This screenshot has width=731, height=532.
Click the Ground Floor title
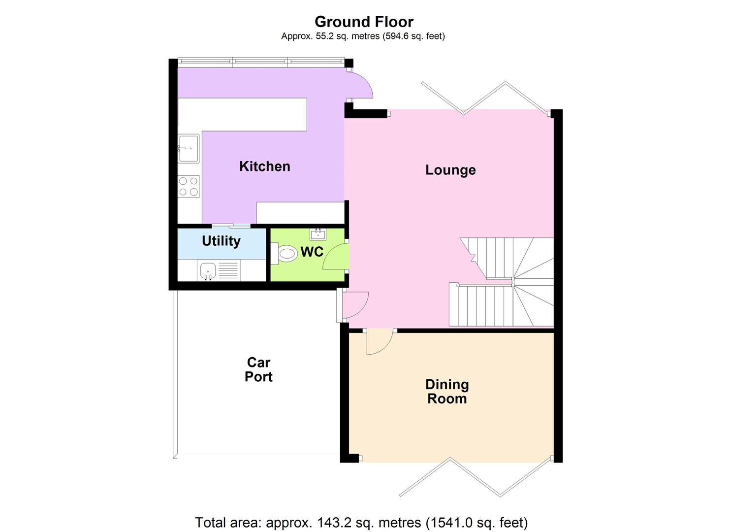tap(364, 22)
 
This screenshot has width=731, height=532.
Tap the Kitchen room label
tap(264, 166)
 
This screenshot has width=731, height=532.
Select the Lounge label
tap(450, 170)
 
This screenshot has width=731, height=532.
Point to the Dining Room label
tap(447, 392)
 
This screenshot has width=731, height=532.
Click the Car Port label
tap(258, 369)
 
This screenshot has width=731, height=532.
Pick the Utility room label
tap(221, 241)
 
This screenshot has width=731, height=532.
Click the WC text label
tap(312, 252)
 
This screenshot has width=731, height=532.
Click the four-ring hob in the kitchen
tap(189, 186)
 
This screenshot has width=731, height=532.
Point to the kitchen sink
tap(188, 148)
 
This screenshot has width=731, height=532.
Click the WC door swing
tap(336, 257)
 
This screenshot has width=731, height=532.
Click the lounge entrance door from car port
tap(353, 305)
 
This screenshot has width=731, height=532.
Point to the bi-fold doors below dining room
tap(475, 476)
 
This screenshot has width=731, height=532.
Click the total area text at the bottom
tap(361, 522)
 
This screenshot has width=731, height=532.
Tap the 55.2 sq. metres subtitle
tap(363, 36)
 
